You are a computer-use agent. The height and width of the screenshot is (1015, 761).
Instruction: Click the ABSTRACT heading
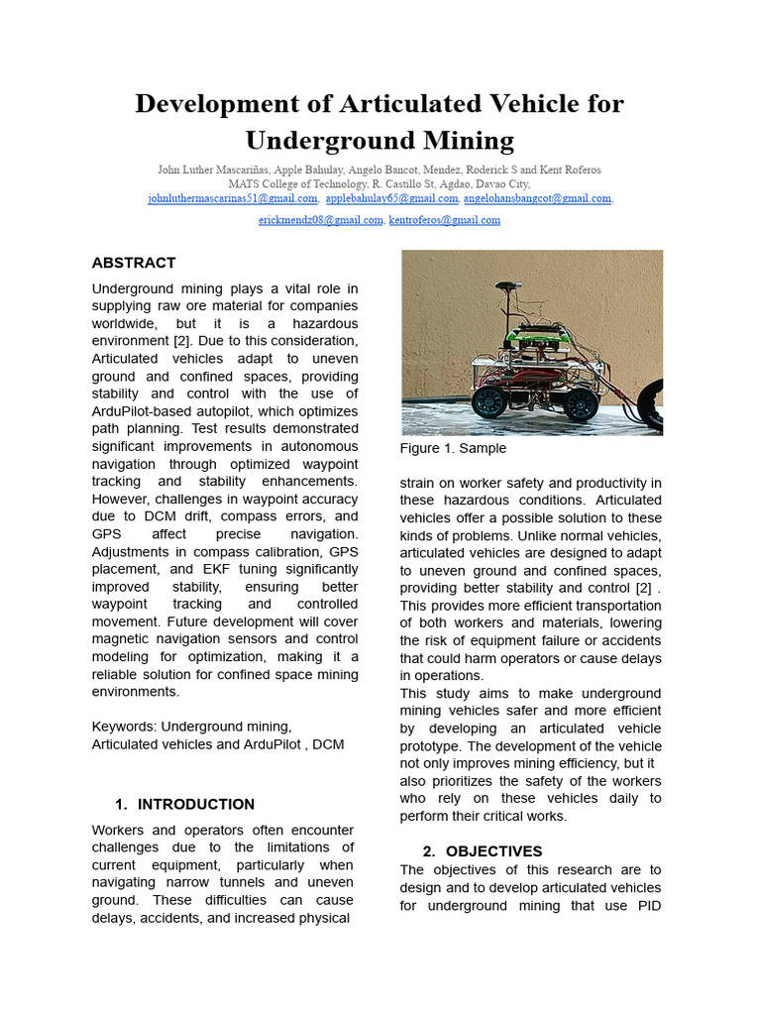tap(133, 263)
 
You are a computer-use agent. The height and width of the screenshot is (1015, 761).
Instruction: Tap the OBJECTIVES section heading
tap(493, 850)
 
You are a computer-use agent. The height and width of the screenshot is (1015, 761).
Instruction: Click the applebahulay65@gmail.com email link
tap(391, 198)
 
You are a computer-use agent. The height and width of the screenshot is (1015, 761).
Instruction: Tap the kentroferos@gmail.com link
tap(444, 220)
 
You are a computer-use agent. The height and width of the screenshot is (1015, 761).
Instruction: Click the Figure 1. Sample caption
tap(453, 448)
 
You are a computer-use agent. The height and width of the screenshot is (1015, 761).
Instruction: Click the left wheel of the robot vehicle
tap(489, 401)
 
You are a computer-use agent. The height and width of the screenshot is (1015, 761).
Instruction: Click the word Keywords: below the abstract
tap(125, 727)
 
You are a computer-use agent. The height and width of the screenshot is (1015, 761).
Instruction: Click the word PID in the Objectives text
tap(646, 905)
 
